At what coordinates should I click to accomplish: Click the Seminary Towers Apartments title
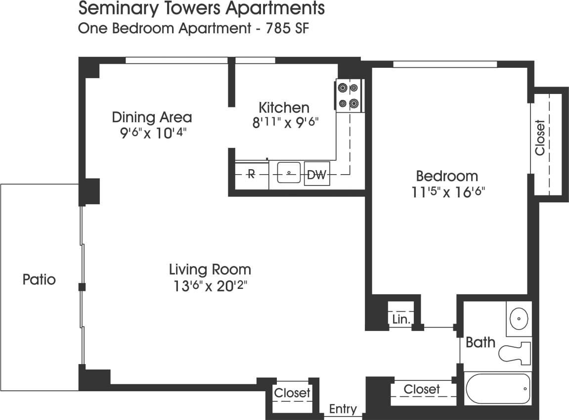pos(202,8)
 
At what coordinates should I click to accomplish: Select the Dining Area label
pos(152,117)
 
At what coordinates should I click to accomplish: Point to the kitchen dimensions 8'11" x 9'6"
pos(284,123)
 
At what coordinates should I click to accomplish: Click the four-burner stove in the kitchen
pos(349,96)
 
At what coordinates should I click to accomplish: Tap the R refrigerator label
pos(251,174)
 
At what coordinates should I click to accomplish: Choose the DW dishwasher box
pos(316,175)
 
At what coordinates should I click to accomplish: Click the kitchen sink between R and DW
pos(289,173)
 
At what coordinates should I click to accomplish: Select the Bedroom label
pos(447,176)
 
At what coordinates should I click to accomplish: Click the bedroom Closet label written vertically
pos(540,138)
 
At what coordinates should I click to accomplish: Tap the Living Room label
pos(210,270)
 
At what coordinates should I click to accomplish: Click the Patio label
pos(39,280)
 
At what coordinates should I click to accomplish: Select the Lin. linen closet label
pos(401,320)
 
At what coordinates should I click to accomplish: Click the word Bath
pos(481,342)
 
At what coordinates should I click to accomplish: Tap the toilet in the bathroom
pos(514,352)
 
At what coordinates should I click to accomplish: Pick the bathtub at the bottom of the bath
pos(498,389)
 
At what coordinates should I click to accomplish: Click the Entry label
pos(343,409)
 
